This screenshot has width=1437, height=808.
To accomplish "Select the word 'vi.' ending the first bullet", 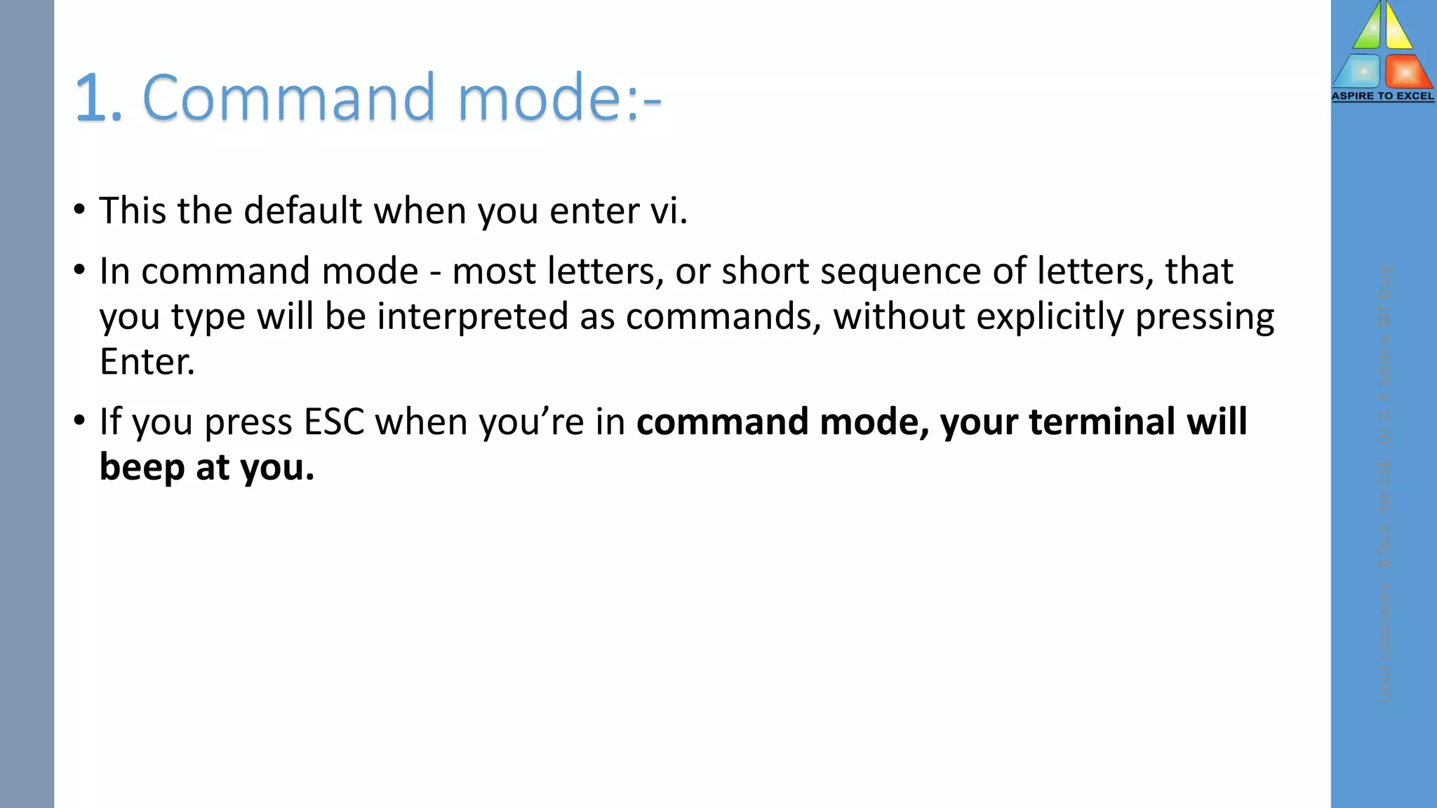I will tap(669, 210).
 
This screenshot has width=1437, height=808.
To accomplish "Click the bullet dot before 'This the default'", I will tap(79, 209).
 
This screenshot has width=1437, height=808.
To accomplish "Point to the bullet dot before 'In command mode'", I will tap(79, 269).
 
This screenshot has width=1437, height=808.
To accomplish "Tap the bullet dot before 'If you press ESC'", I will tap(79, 420).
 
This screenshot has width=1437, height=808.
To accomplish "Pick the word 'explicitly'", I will tap(1050, 317).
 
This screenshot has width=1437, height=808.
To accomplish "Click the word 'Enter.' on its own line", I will tap(147, 362).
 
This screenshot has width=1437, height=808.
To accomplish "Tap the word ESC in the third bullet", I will tap(333, 422).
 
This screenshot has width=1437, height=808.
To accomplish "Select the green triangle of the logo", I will tap(1368, 29).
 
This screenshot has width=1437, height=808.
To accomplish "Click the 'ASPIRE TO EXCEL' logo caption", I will tap(1382, 96).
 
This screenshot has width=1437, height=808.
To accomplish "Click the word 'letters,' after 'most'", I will tap(605, 272).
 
